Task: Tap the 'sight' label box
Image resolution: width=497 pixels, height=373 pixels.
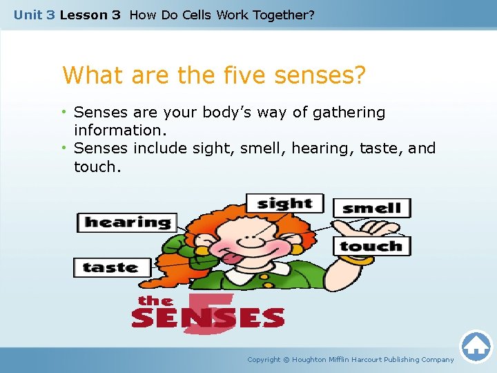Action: tap(284, 203)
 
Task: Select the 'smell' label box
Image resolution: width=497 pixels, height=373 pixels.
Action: tap(371, 208)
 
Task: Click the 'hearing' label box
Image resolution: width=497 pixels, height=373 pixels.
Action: tap(127, 222)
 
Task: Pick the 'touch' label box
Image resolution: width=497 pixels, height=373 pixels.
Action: tap(371, 246)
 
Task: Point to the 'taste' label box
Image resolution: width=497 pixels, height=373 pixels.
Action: tap(110, 267)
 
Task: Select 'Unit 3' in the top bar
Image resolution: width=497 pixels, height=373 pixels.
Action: tap(34, 15)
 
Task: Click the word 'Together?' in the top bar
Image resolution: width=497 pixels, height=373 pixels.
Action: tap(283, 15)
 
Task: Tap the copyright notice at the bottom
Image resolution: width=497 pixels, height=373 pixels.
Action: tap(351, 359)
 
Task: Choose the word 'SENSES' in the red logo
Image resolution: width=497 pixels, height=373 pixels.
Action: tap(208, 318)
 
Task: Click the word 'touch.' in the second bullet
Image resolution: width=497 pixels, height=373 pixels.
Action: tap(97, 166)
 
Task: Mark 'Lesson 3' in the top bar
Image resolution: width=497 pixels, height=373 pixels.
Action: tap(90, 15)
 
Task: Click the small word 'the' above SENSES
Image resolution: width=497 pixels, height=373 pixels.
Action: tap(155, 300)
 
